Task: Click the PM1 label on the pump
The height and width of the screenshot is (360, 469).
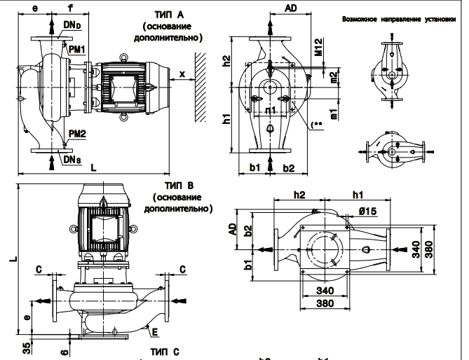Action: (x=76, y=49)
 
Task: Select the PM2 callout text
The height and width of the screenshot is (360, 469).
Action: (x=78, y=132)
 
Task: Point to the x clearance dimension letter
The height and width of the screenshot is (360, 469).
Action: (x=182, y=74)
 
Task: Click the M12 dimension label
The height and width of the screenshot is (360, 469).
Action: (x=318, y=48)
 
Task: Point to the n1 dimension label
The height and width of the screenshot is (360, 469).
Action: (x=271, y=110)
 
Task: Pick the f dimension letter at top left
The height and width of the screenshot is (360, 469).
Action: (x=70, y=9)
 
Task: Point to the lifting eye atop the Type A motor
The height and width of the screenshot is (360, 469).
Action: (x=127, y=60)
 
